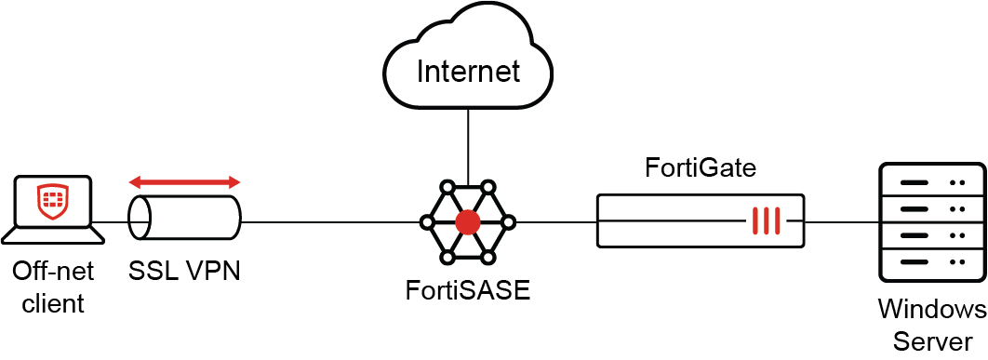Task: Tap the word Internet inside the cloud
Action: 468,71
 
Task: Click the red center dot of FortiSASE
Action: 468,221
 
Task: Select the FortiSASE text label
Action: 468,289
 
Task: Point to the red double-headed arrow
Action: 184,181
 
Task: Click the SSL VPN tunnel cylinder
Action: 184,221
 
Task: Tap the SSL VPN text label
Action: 184,271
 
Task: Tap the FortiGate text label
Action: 701,168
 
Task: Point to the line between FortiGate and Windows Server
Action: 842,221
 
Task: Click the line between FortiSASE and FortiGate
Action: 555,221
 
